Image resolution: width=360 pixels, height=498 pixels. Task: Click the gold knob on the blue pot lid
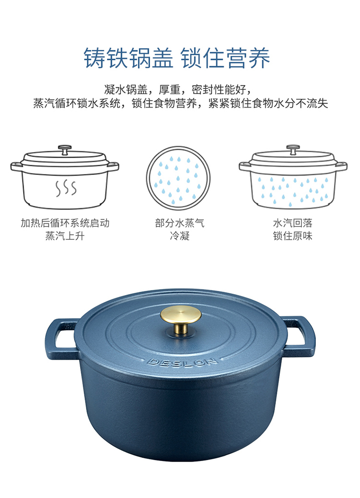180,319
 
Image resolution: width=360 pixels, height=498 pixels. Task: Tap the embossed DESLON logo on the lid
182,362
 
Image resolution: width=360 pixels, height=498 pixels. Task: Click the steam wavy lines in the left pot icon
66,188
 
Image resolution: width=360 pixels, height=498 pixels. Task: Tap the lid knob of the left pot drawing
65,150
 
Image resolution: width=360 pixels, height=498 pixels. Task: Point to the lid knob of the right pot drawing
293,149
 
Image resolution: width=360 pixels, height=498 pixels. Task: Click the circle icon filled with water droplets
178,178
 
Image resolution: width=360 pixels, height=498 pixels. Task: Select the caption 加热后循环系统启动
65,223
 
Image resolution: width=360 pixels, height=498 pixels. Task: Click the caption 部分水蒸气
180,223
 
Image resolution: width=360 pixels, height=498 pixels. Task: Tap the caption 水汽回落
293,223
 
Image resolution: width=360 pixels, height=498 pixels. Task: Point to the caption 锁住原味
293,236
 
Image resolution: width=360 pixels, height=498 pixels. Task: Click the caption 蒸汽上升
65,236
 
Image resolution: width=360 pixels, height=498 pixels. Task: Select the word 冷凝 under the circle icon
180,236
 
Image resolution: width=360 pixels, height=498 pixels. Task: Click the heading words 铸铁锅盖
128,58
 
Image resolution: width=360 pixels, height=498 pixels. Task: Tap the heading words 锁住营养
226,58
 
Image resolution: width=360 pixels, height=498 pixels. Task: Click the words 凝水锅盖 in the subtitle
126,90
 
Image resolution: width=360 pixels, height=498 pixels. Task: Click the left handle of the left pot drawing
16,166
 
